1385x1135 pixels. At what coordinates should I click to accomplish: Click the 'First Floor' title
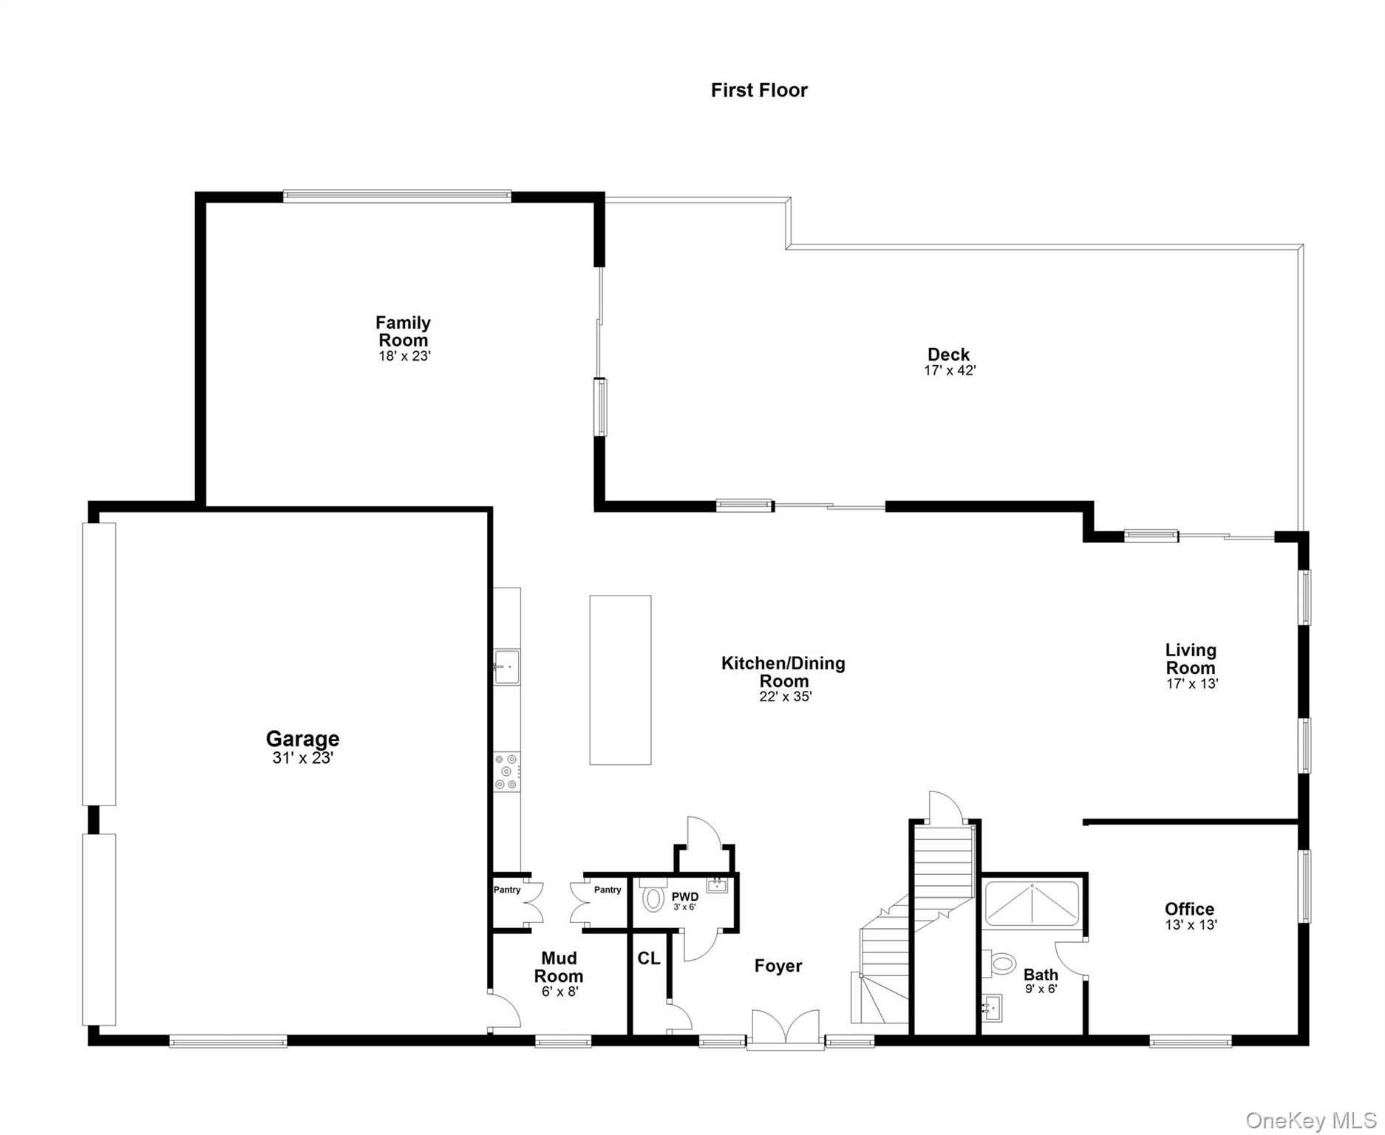coord(759,90)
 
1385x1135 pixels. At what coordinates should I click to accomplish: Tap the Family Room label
coord(403,331)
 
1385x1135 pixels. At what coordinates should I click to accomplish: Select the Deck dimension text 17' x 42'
coord(950,371)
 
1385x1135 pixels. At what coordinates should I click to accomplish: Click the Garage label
coord(302,738)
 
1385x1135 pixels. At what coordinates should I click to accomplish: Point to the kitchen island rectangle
coord(620,680)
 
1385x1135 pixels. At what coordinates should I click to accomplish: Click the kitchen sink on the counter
coord(507,667)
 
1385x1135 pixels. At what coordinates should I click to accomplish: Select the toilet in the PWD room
coord(653,899)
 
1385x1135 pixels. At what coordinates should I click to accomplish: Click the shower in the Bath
coord(1032,904)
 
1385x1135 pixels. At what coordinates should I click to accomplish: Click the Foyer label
coord(777,966)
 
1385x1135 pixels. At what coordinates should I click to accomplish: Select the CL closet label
coord(648,958)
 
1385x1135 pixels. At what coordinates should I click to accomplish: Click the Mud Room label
coord(559,967)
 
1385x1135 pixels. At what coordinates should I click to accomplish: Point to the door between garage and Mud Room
coord(505,1011)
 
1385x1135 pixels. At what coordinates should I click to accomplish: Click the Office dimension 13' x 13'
coord(1191,925)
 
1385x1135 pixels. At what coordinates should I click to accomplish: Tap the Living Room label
coord(1190,658)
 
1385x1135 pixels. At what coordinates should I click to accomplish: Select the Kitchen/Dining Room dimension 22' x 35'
coord(785,696)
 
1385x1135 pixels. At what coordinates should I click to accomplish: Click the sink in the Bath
coord(992,1006)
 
